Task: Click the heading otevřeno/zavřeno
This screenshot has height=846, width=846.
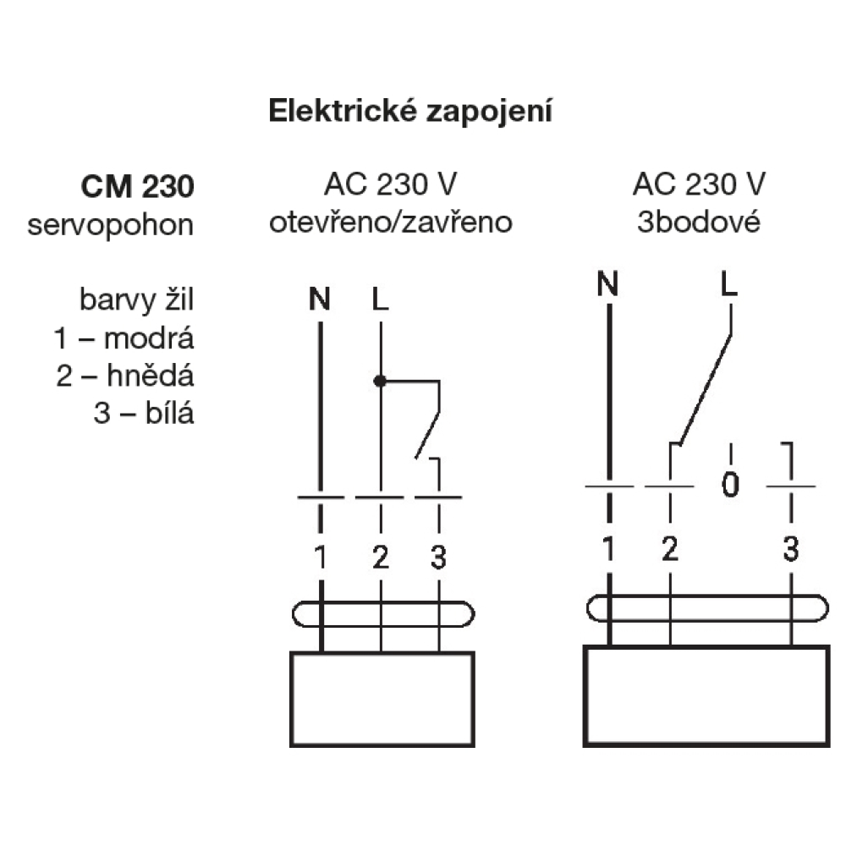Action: pos(391,223)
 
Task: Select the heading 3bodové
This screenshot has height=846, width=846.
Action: pos(699,223)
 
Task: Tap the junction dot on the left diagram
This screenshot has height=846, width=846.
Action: pos(380,382)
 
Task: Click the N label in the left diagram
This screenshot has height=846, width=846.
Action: pos(320,299)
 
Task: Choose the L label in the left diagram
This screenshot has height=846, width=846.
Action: pos(379,299)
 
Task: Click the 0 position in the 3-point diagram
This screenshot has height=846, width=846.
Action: pos(731,486)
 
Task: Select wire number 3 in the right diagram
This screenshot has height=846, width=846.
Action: pos(790,551)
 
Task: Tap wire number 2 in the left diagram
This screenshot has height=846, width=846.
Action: pos(380,558)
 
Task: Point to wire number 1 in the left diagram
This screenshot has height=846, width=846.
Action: pos(320,558)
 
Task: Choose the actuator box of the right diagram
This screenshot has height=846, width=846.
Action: pos(706,695)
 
